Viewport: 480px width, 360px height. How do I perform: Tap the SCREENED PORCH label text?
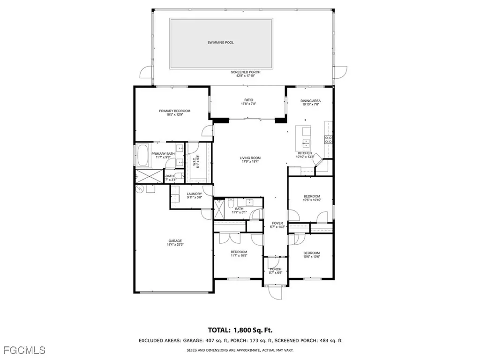coord(245,72)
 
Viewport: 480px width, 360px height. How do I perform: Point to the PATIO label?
coord(248,100)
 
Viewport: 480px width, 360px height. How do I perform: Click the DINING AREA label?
coord(310,101)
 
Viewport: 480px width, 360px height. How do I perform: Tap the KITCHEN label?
coord(304,153)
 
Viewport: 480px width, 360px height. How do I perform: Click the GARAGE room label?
coord(175,241)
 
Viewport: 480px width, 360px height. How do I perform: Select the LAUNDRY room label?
coord(194,194)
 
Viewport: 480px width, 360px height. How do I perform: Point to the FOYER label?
coord(277,223)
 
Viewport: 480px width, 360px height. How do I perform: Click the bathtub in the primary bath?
coord(141,155)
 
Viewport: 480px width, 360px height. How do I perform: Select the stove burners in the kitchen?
coord(329,139)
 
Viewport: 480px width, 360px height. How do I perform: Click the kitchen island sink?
coord(306,142)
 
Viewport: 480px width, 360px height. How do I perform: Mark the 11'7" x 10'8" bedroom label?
coord(239,252)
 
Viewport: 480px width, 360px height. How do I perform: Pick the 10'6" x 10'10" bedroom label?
coord(311,196)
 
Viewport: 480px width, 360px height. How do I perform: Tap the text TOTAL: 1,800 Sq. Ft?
coord(240,330)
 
